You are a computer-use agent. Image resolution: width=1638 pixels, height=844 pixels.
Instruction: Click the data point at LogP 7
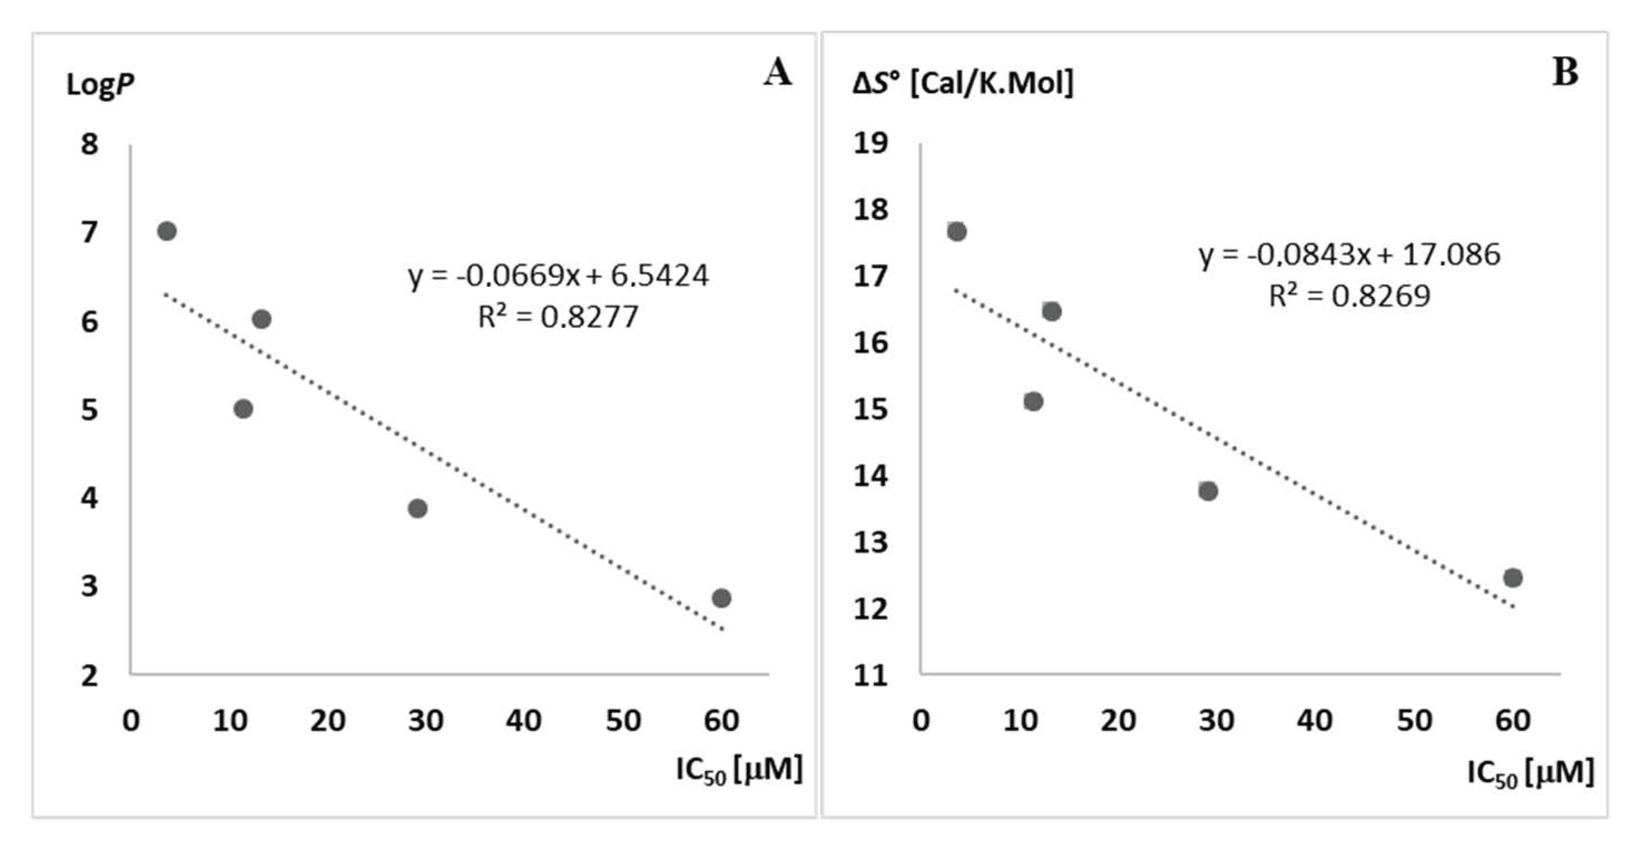166,231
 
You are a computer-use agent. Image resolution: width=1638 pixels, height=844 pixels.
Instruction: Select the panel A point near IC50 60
721,598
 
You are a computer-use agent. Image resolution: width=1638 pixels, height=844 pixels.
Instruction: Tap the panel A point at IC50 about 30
417,508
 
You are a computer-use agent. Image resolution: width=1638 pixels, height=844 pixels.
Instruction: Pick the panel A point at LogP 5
243,409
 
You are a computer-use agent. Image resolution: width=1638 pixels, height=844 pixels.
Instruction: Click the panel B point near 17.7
957,231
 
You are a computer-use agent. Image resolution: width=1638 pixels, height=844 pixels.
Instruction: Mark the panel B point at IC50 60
1513,578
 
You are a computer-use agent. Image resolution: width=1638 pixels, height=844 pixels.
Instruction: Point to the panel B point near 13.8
1208,491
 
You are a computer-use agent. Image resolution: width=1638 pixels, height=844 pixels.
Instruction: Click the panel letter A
778,71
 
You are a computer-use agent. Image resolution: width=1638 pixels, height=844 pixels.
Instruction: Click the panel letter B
1565,71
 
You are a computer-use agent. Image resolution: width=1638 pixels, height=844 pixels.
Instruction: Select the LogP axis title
100,84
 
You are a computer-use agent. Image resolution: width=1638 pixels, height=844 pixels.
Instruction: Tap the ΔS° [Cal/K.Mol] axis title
963,83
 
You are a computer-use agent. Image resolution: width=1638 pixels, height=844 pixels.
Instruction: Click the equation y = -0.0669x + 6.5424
558,276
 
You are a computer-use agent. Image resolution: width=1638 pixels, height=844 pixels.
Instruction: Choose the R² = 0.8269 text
1349,296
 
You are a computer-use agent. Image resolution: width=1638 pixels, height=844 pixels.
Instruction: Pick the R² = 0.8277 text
558,317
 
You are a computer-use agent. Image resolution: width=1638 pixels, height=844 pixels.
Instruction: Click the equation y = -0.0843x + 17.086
1349,255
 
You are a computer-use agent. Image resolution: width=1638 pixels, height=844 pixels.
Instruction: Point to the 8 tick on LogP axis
90,144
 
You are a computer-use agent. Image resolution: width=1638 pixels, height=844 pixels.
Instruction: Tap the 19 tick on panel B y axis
870,143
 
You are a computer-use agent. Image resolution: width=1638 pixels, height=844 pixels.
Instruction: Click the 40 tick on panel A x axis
523,720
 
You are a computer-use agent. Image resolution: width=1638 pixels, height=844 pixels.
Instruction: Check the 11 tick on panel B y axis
870,675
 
